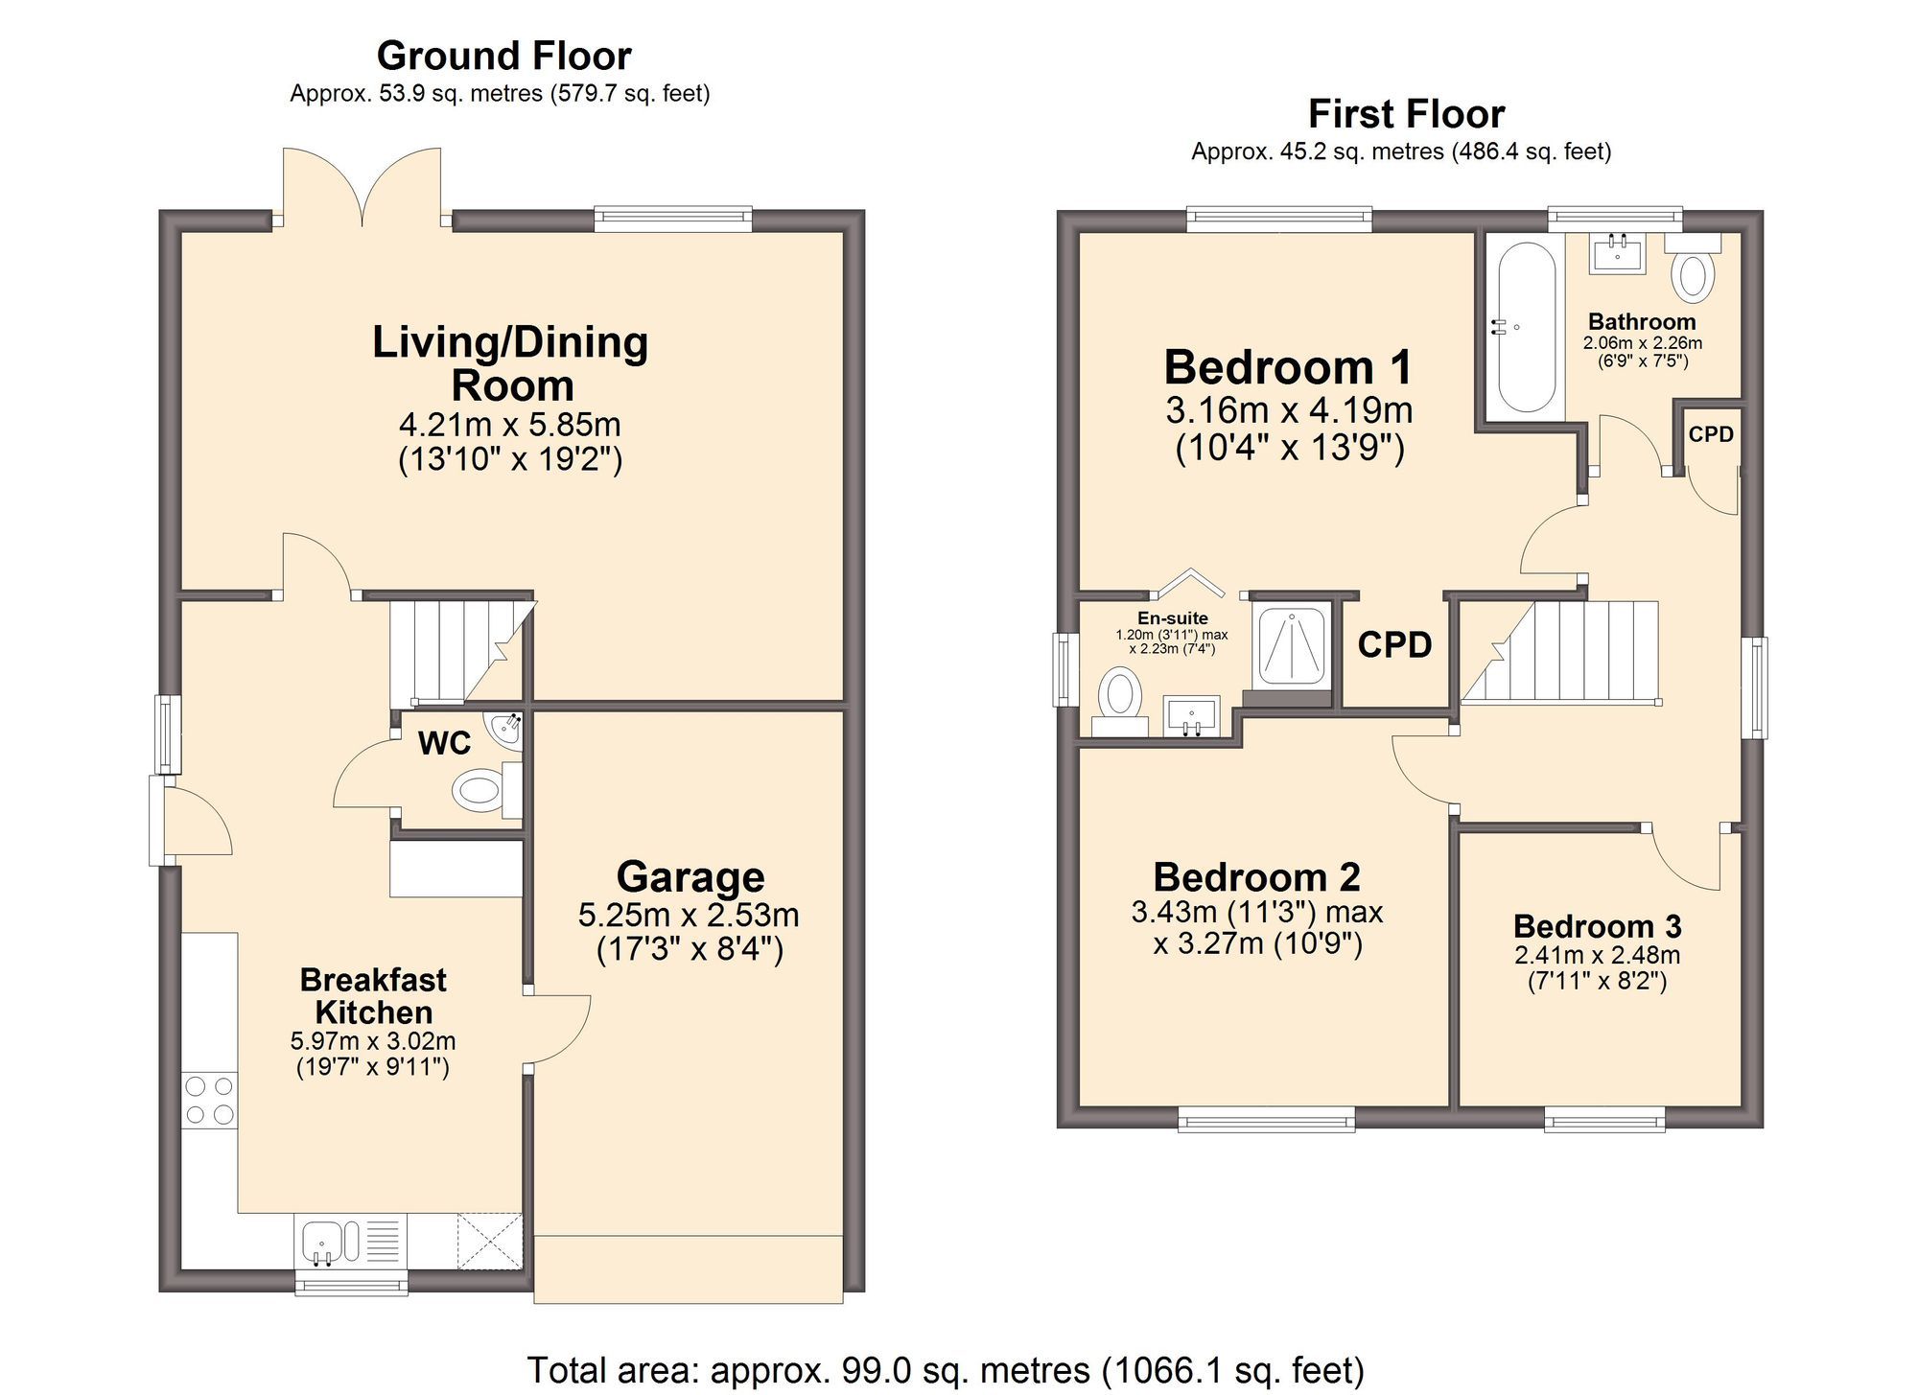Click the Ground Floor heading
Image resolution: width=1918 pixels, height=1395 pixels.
pyautogui.click(x=503, y=56)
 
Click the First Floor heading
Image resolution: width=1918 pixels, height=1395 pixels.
pyautogui.click(x=1406, y=114)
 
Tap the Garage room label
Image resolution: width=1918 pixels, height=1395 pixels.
pyautogui.click(x=690, y=876)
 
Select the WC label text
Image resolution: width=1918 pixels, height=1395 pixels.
pyautogui.click(x=445, y=743)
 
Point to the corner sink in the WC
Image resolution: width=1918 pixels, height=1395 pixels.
pyautogui.click(x=506, y=731)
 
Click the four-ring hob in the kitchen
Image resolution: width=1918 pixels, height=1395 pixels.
pyautogui.click(x=209, y=1100)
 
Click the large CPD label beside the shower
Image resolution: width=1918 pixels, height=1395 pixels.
pyautogui.click(x=1394, y=645)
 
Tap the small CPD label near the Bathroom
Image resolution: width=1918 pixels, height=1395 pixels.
pyautogui.click(x=1711, y=434)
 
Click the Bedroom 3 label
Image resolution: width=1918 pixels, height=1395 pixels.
pyautogui.click(x=1597, y=926)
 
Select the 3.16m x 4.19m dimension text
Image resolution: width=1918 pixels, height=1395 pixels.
pyautogui.click(x=1289, y=410)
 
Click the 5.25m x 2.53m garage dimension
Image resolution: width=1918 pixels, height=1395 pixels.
pyautogui.click(x=689, y=915)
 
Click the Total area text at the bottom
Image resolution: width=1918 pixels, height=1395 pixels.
pyautogui.click(x=946, y=1369)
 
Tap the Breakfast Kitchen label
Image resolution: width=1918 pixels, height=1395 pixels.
pyautogui.click(x=373, y=995)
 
